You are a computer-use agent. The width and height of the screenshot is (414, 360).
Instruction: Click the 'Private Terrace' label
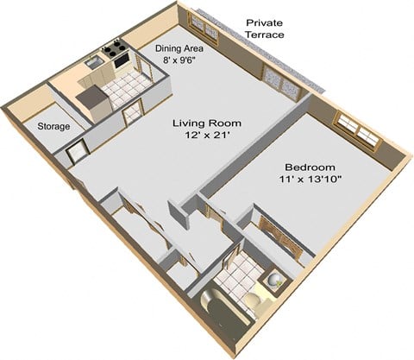(265, 28)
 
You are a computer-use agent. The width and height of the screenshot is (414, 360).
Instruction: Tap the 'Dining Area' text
(179, 49)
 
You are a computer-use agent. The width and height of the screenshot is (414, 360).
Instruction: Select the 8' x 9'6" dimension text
(179, 62)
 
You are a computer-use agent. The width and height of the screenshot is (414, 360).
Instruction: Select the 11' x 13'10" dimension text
(311, 180)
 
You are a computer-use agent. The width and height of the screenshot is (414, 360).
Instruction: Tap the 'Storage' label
(54, 128)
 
